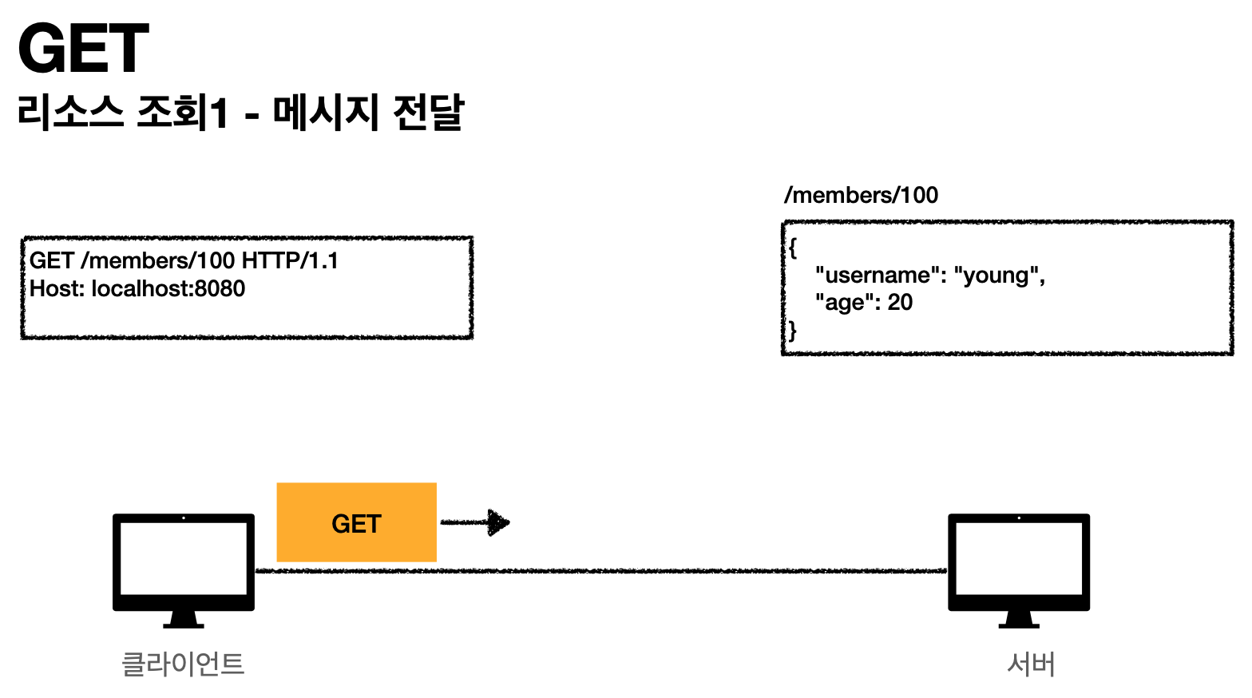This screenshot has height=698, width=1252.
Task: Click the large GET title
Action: coord(83,49)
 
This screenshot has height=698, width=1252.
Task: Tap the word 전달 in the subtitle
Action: coord(428,112)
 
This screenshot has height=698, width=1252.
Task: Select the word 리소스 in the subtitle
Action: coord(70,112)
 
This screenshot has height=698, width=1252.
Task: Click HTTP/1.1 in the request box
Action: coord(290,260)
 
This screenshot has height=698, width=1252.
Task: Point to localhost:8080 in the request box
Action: coord(168,288)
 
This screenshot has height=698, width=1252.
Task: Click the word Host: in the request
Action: coord(57,288)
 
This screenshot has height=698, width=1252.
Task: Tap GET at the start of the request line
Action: coord(52,260)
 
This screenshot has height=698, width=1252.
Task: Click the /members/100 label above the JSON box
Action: coord(861,195)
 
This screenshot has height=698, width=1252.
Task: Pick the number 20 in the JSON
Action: coord(900,303)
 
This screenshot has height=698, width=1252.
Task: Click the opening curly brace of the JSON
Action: coord(792,248)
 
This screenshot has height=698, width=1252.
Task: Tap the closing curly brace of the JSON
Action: coord(792,331)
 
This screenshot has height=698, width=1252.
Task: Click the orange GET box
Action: coord(356,522)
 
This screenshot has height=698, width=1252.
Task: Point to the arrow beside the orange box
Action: coord(476,523)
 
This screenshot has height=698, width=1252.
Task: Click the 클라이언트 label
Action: coord(183,664)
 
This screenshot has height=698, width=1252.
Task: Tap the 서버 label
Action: coord(1031,664)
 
